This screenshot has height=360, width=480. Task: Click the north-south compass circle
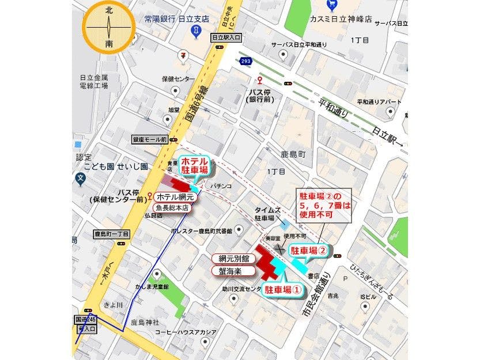109,28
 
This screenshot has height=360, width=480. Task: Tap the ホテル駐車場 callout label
194,166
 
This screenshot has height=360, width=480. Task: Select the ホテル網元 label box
177,197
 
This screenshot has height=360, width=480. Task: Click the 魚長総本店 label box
175,207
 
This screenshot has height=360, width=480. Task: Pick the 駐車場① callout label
282,290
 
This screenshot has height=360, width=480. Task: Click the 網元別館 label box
230,259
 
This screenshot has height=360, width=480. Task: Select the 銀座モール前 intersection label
149,139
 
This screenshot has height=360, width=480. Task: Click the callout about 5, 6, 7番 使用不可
323,204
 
